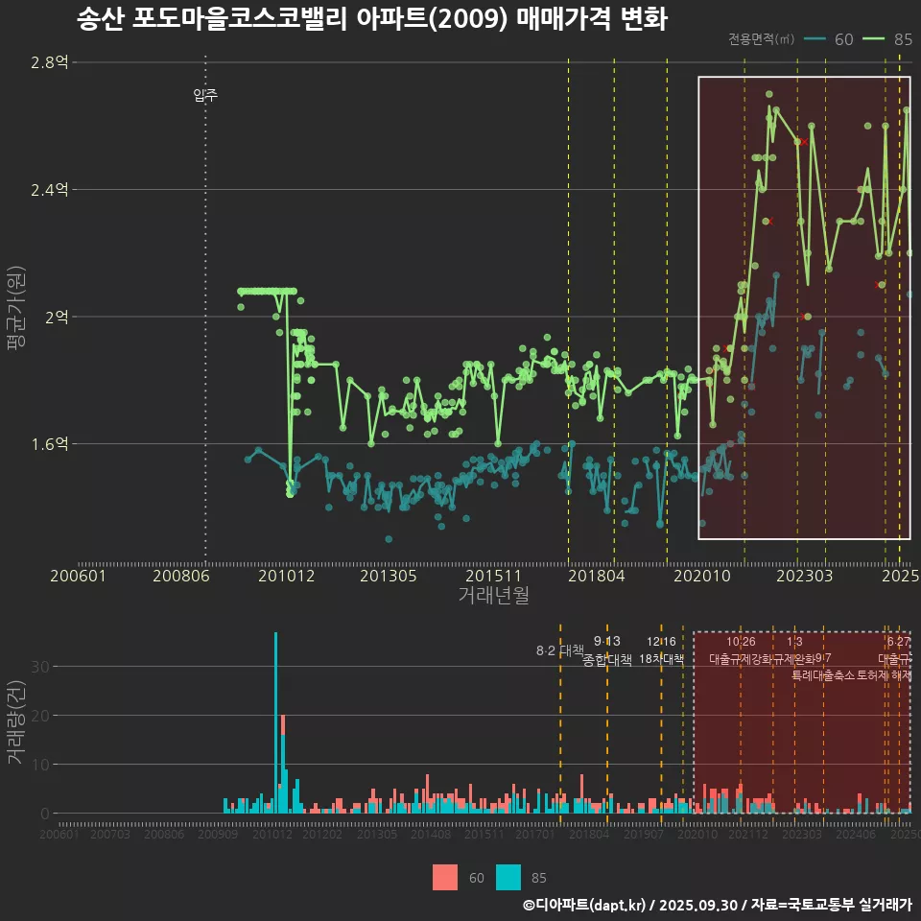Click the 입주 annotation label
(205, 95)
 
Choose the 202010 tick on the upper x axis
(699, 576)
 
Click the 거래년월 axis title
(493, 596)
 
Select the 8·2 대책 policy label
(559, 651)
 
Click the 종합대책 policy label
(607, 660)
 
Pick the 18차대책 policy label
(661, 660)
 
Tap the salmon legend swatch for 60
(445, 877)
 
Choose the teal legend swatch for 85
(508, 877)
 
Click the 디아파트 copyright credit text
(717, 905)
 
